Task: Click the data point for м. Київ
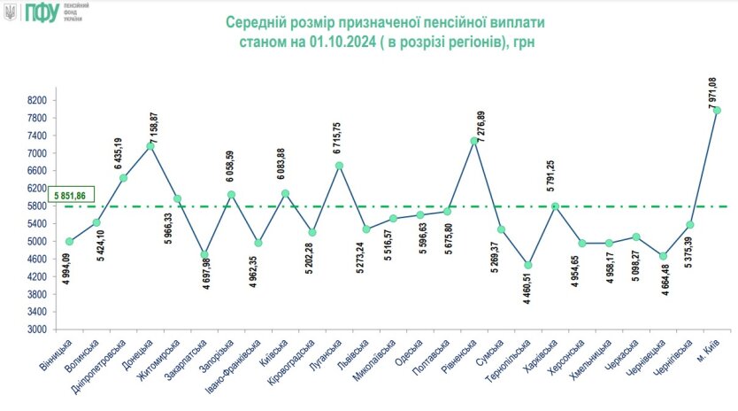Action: coord(717,111)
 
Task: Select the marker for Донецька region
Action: coord(150,146)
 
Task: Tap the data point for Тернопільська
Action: coord(528,265)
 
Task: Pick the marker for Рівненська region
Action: coord(474,141)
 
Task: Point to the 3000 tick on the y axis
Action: coord(35,330)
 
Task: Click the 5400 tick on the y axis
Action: coord(35,224)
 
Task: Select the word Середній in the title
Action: coord(257,19)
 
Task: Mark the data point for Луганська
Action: coord(339,166)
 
